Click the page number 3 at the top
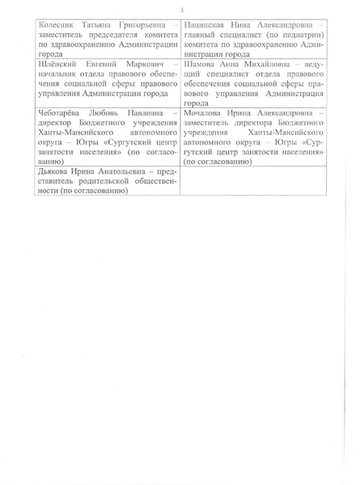click(181, 10)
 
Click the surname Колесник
click(48, 27)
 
